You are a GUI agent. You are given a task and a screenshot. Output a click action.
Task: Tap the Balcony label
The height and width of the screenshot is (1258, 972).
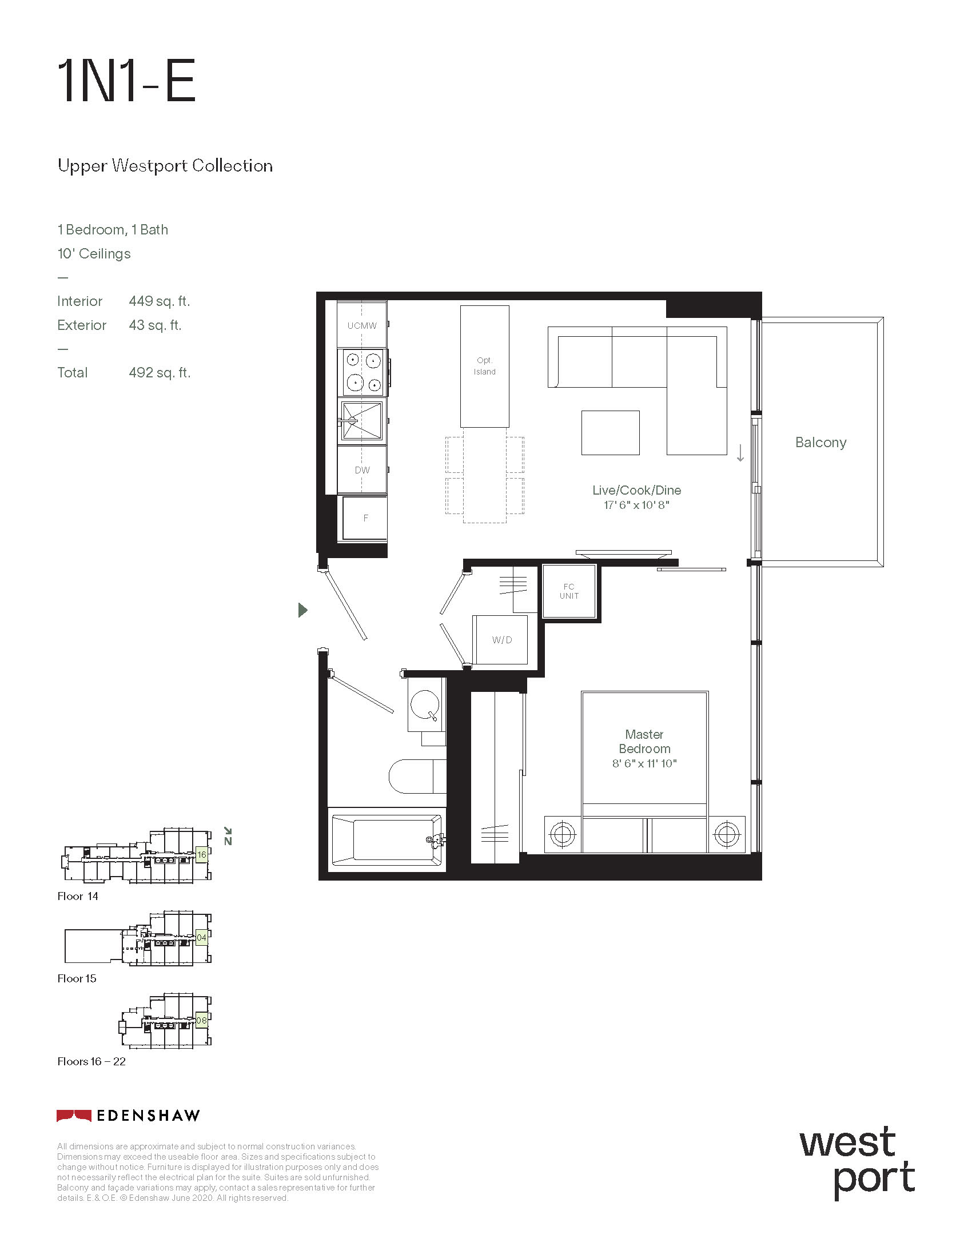[x=820, y=443]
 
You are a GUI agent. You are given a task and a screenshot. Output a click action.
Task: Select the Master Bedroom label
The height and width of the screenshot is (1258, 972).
[x=644, y=741]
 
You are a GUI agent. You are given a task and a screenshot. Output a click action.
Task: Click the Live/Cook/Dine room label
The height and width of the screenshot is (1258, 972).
[x=636, y=490]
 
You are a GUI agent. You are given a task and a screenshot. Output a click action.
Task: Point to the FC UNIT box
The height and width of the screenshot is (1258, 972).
[x=569, y=592]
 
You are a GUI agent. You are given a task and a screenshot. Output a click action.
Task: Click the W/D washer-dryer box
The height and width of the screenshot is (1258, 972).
[x=500, y=639]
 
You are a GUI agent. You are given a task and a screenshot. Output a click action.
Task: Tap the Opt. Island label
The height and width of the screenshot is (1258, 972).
[x=484, y=366]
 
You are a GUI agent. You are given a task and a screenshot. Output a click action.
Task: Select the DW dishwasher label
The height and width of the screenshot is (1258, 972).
[x=362, y=470]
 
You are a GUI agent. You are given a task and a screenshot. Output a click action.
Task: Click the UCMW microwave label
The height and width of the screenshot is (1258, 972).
[x=361, y=325]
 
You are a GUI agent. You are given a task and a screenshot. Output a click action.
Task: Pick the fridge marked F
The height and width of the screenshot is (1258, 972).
[x=365, y=518]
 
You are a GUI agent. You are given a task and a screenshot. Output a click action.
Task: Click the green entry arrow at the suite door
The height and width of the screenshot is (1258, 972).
[x=303, y=610]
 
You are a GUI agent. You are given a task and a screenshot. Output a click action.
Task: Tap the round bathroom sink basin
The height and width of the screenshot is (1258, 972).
[x=425, y=704]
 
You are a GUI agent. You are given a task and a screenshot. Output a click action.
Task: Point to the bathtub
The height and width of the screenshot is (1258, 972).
[x=386, y=840]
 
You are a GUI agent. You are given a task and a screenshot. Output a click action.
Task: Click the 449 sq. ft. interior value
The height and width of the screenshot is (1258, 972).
[x=160, y=301]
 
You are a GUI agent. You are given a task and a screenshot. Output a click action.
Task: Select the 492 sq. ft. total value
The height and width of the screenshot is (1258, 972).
[x=160, y=373]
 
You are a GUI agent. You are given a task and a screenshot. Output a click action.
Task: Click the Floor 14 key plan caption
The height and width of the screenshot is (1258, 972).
[x=78, y=895]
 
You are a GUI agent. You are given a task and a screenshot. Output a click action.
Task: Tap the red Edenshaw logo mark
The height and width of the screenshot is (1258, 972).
[x=74, y=1116]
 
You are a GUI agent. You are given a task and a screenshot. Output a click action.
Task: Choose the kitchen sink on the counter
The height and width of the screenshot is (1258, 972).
[x=361, y=420]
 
